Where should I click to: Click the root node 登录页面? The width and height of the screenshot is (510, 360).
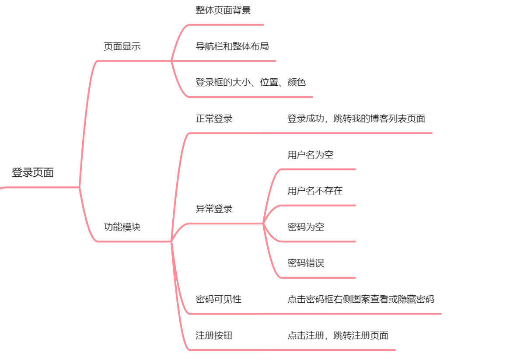33,172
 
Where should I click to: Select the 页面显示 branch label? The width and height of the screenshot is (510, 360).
122,46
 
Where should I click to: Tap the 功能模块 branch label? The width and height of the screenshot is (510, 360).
122,227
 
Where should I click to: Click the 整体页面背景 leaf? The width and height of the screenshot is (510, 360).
223,10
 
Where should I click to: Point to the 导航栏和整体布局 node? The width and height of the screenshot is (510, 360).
232,46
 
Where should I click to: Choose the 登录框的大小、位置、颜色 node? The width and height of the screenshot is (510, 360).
250,82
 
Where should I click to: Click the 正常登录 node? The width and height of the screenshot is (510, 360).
214,119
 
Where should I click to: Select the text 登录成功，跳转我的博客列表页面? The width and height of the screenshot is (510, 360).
356,119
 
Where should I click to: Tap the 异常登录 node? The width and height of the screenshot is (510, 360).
214,209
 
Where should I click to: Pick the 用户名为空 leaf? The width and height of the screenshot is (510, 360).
311,155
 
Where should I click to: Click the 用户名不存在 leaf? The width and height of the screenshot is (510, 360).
315,191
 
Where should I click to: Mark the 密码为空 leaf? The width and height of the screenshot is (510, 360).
306,227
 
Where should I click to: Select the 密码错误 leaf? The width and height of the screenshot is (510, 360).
306,263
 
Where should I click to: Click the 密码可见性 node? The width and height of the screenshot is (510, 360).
218,299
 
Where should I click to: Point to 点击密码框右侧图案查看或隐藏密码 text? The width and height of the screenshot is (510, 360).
361,299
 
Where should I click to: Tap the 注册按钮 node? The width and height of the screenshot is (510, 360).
214,336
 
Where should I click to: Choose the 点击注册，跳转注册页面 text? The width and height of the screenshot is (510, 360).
338,336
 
